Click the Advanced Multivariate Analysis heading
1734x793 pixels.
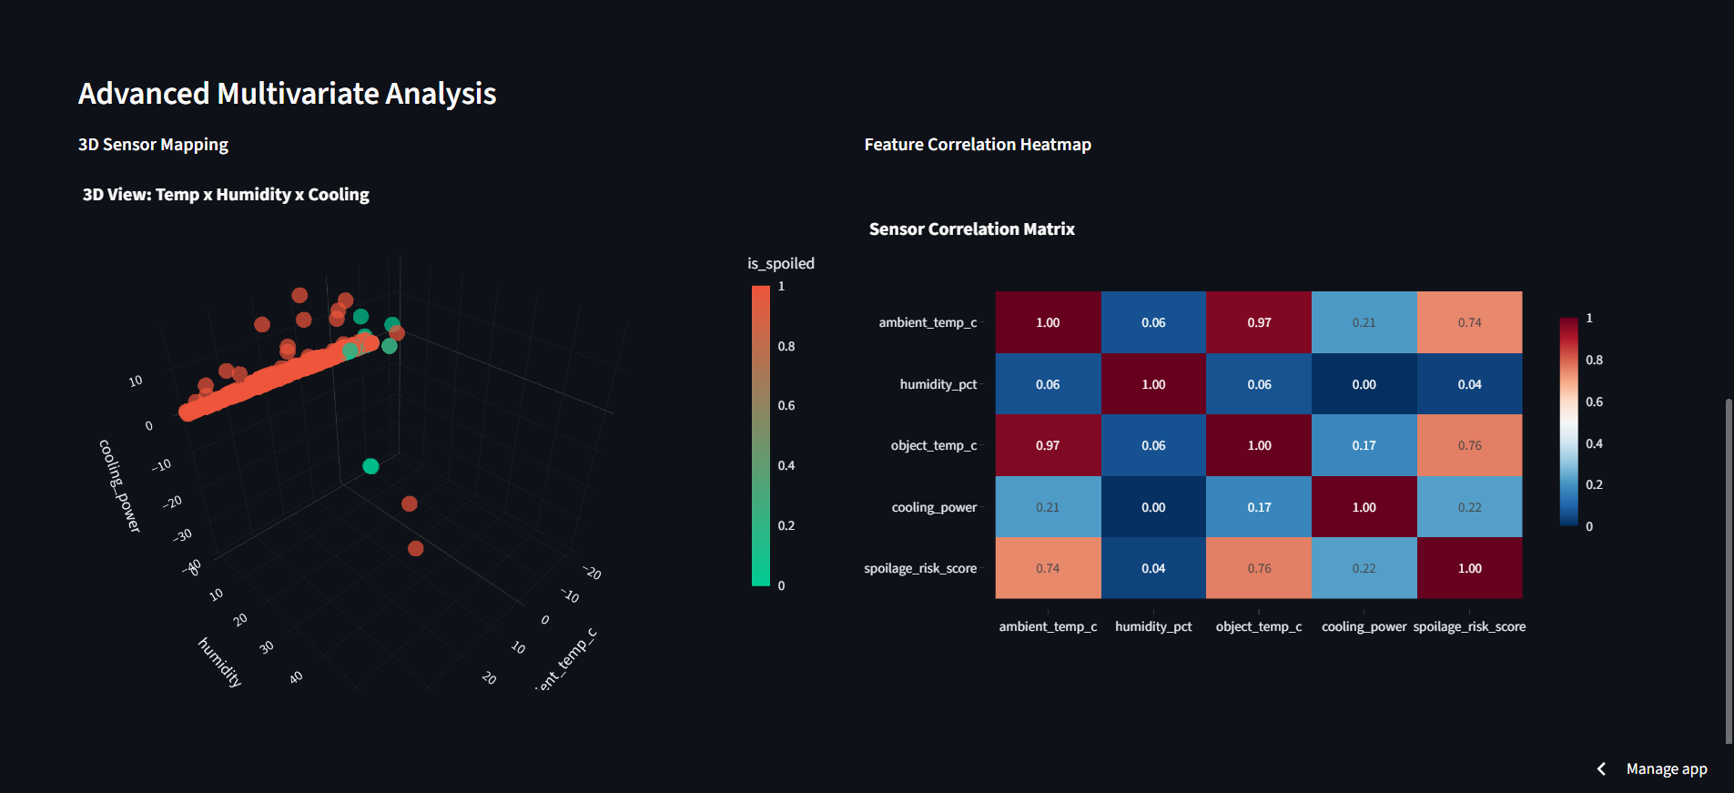[x=287, y=94]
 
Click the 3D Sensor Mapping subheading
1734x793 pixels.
[x=153, y=145]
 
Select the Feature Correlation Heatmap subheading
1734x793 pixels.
[x=977, y=145]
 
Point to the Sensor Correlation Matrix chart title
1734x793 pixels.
[x=971, y=229]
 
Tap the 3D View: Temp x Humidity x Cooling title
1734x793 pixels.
[x=226, y=195]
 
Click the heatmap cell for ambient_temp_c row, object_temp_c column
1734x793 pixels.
[x=1259, y=322]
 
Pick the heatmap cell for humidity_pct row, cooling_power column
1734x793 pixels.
[x=1364, y=384]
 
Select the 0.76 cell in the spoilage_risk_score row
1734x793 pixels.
[x=1259, y=568]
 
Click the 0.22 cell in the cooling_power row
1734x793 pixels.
[x=1469, y=507]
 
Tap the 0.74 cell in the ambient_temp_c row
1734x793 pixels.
[x=1469, y=322]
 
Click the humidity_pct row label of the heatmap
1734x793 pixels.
[x=938, y=384]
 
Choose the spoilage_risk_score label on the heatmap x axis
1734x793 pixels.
[x=1469, y=626]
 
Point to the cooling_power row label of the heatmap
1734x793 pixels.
[x=934, y=507]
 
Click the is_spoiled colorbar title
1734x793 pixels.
[x=780, y=263]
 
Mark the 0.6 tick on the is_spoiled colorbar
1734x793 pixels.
[x=786, y=406]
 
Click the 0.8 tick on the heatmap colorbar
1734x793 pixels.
[x=1594, y=360]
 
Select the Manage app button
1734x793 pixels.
[x=1666, y=769]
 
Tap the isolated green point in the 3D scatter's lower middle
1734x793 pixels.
[x=370, y=466]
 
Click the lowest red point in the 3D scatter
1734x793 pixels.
[x=416, y=548]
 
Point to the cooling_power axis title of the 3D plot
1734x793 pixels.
[x=119, y=485]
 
